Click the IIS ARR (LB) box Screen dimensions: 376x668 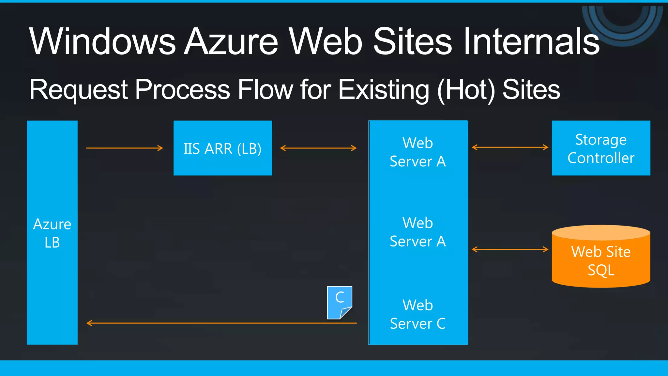223,148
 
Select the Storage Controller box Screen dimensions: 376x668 601,148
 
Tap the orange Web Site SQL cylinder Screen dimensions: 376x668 601,258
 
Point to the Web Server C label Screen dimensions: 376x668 418,314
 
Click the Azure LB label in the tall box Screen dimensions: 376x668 52,233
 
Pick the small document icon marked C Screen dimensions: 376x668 339,302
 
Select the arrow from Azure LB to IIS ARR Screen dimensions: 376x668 124,148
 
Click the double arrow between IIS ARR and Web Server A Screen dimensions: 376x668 318,148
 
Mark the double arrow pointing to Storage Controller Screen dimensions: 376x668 510,148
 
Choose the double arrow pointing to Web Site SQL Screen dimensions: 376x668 510,250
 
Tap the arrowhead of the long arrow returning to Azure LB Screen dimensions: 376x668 89,323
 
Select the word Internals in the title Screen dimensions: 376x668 531,41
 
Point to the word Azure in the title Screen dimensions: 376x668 231,41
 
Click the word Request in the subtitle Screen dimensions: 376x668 78,90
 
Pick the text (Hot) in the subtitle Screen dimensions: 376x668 466,90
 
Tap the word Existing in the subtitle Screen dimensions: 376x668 384,90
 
